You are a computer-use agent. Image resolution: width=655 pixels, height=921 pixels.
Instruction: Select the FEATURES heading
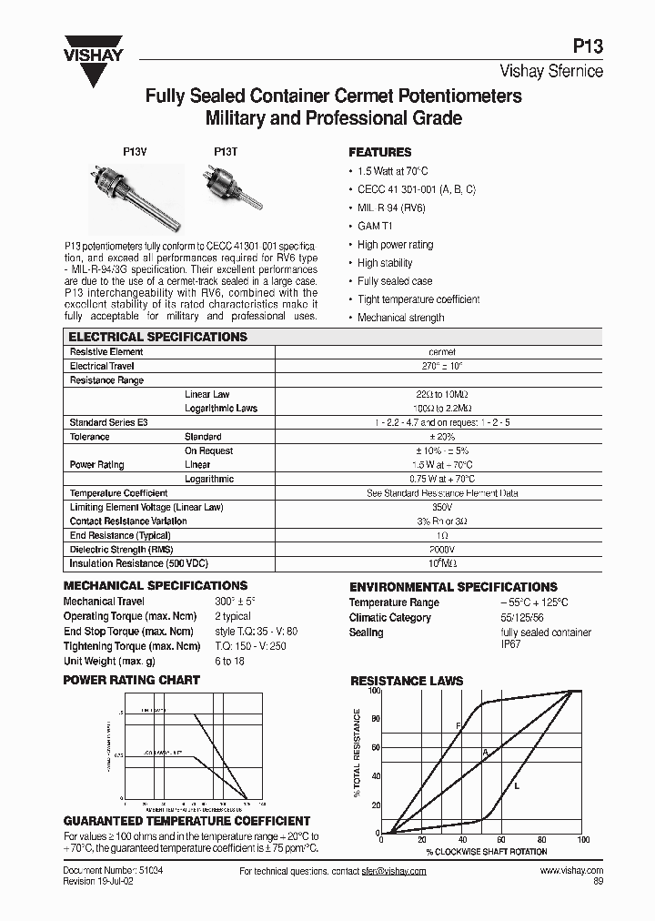pyautogui.click(x=380, y=153)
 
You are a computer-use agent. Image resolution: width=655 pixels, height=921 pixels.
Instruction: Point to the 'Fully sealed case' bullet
pyautogui.click(x=395, y=281)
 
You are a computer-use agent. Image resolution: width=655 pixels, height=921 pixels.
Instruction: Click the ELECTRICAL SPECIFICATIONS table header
pyautogui.click(x=158, y=337)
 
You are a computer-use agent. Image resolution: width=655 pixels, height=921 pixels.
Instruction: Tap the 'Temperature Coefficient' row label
pyautogui.click(x=118, y=493)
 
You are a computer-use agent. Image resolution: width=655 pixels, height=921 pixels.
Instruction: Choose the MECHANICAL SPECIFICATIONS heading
pyautogui.click(x=155, y=586)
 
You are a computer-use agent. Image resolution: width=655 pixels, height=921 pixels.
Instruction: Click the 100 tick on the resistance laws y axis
pyautogui.click(x=373, y=692)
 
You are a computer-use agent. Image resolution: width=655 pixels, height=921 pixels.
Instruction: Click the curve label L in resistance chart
pyautogui.click(x=517, y=785)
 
